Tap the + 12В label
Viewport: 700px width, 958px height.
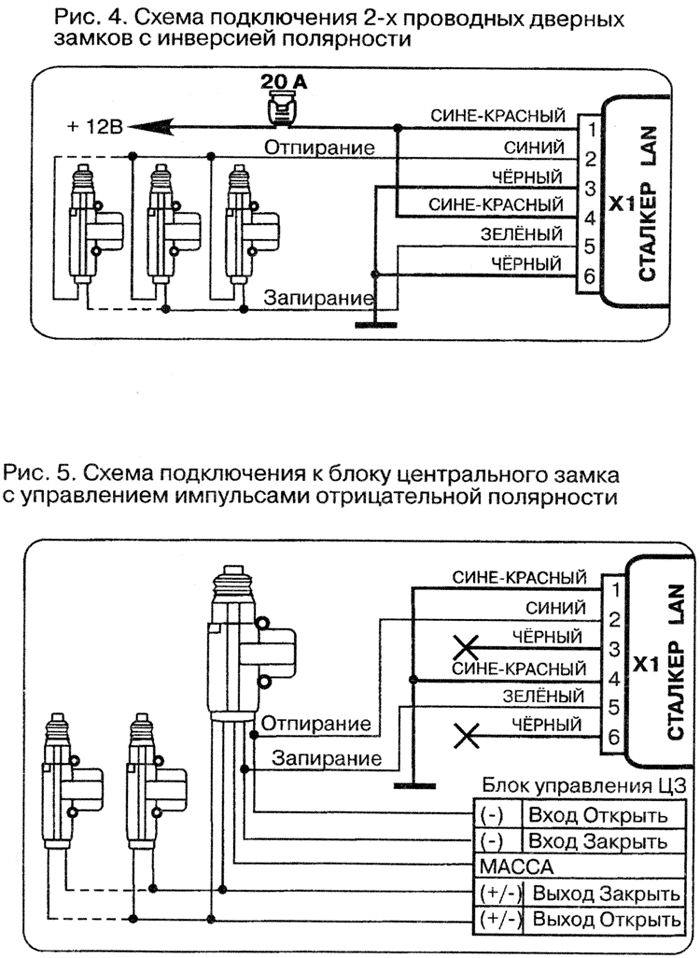tap(96, 127)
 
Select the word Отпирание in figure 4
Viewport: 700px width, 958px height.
tap(319, 147)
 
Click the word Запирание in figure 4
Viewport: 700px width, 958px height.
tap(319, 297)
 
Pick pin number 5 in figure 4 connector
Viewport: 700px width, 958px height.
tap(591, 244)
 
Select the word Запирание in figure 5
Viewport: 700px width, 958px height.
tap(327, 757)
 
